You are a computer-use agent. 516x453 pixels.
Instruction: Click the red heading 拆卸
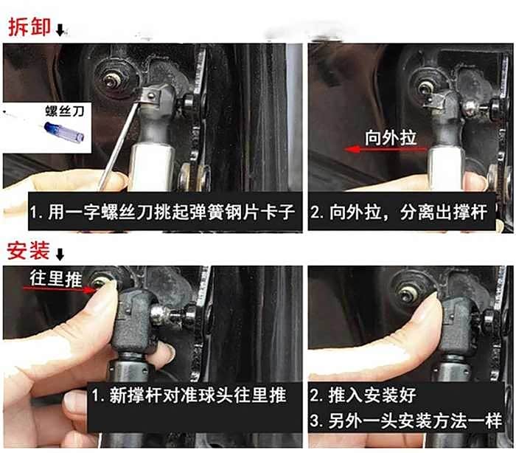point(29,27)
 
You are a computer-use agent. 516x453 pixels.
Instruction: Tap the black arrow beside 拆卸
point(60,30)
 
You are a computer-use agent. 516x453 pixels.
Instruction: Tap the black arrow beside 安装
point(60,255)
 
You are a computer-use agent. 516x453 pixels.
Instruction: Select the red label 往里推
point(53,277)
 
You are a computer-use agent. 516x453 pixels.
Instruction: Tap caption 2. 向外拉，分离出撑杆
point(398,214)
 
